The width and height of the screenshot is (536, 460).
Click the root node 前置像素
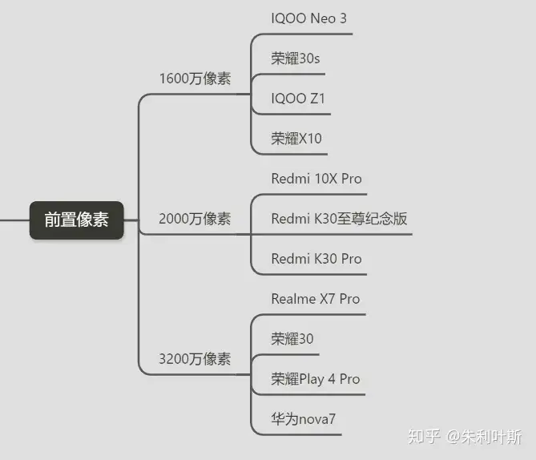tap(77, 220)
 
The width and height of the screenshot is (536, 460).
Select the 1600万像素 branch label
tap(195, 79)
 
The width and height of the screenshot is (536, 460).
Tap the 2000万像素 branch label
tap(195, 219)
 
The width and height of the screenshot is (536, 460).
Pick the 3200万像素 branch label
tap(195, 359)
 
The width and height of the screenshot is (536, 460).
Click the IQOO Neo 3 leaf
tap(308, 18)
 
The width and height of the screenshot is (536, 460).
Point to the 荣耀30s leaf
tap(296, 59)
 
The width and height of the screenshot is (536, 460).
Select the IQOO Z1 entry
tap(298, 99)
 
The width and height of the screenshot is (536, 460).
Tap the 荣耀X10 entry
tap(296, 139)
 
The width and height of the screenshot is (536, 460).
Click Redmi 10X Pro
tap(316, 179)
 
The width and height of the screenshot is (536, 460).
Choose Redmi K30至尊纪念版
tap(339, 219)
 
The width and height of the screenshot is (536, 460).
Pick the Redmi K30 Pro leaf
tap(316, 259)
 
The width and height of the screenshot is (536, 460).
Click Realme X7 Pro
tap(316, 299)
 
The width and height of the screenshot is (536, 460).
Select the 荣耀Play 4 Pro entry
tap(316, 379)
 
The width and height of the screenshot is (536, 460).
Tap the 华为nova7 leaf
tap(303, 419)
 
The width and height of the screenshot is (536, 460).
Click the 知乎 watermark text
tap(424, 437)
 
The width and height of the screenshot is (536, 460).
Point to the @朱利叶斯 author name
tap(484, 437)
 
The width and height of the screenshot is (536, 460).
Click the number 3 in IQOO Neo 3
tap(343, 18)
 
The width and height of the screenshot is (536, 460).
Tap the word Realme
tap(293, 299)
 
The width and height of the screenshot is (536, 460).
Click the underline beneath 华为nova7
tap(296, 434)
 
